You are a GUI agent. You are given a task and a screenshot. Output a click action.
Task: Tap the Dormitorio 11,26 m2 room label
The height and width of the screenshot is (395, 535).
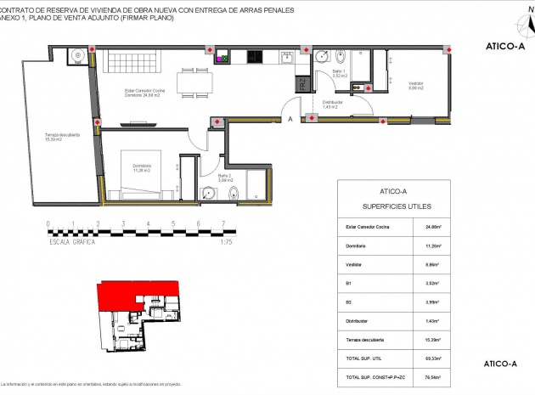(x=141, y=166)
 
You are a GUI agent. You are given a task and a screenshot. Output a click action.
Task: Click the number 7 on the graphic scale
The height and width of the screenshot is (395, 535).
(x=223, y=225)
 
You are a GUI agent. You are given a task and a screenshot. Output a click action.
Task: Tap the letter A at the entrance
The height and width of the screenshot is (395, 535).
(x=290, y=120)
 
